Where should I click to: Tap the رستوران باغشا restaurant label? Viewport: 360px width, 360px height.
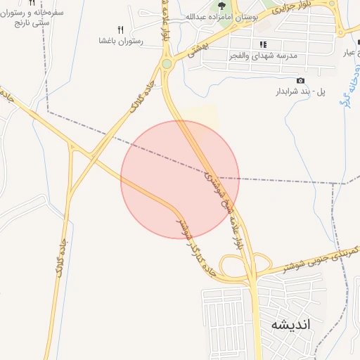[x=121, y=41]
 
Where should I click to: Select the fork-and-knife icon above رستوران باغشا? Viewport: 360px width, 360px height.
[x=120, y=30]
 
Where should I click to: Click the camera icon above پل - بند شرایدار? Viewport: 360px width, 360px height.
[x=301, y=80]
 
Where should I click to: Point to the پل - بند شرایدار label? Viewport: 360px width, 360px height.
[x=301, y=91]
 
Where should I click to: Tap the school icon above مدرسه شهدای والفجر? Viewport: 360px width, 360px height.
[x=263, y=44]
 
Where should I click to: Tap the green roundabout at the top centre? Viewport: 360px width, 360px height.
[x=167, y=64]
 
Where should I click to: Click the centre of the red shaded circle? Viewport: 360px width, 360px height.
[x=180, y=179]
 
